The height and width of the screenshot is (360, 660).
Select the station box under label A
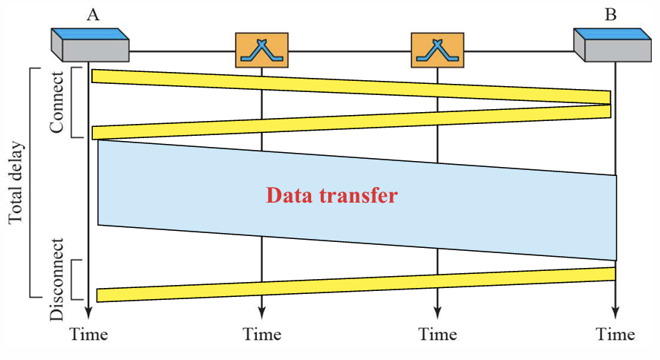click(90, 45)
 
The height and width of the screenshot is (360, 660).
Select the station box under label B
click(613, 45)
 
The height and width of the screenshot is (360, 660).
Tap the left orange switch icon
click(261, 50)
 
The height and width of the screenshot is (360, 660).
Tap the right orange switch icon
click(437, 50)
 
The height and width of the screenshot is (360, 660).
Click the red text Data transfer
click(332, 196)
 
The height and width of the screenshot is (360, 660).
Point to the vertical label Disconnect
click(58, 279)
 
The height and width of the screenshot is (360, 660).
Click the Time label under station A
click(89, 335)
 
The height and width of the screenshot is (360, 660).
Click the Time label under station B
click(615, 335)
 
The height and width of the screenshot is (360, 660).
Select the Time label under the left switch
click(261, 335)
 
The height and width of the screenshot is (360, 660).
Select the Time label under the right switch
click(437, 335)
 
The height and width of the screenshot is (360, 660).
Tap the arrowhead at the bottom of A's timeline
click(88, 313)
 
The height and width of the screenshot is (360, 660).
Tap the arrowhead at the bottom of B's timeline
click(615, 313)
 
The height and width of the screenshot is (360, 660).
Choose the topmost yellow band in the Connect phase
click(349, 85)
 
